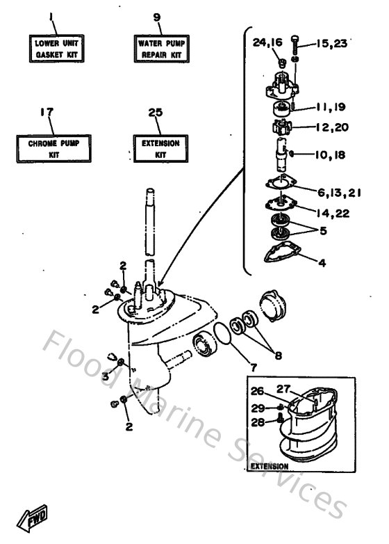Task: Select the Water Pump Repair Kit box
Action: [x=159, y=48]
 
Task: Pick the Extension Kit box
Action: [x=159, y=147]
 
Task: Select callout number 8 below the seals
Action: [x=279, y=355]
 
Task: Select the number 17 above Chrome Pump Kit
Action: [x=47, y=111]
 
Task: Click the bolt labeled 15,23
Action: [x=297, y=43]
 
